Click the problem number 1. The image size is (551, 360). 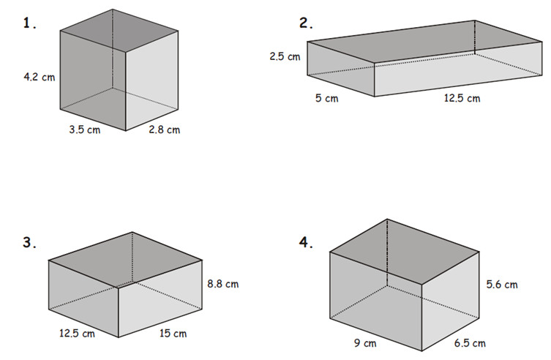(x=29, y=23)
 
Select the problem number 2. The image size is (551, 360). (x=306, y=23)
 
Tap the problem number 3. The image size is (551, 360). (x=29, y=242)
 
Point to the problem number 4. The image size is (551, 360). (x=306, y=242)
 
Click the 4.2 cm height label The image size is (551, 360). (x=40, y=77)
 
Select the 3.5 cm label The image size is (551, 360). (x=85, y=130)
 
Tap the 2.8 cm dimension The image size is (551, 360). (x=164, y=130)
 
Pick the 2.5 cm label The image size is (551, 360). (x=285, y=56)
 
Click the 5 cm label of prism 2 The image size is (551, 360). (x=327, y=98)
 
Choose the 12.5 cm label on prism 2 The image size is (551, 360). (x=462, y=98)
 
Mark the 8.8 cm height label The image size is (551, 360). (x=222, y=284)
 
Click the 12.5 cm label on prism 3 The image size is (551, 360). (x=77, y=333)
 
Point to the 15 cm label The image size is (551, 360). (x=173, y=333)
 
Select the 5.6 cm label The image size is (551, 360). (x=502, y=284)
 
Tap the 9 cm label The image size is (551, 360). (x=365, y=342)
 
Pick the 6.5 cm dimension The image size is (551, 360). (x=470, y=342)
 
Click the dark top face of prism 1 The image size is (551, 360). (x=119, y=31)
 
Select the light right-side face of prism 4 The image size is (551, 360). (x=451, y=301)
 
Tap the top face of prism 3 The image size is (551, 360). (x=125, y=260)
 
